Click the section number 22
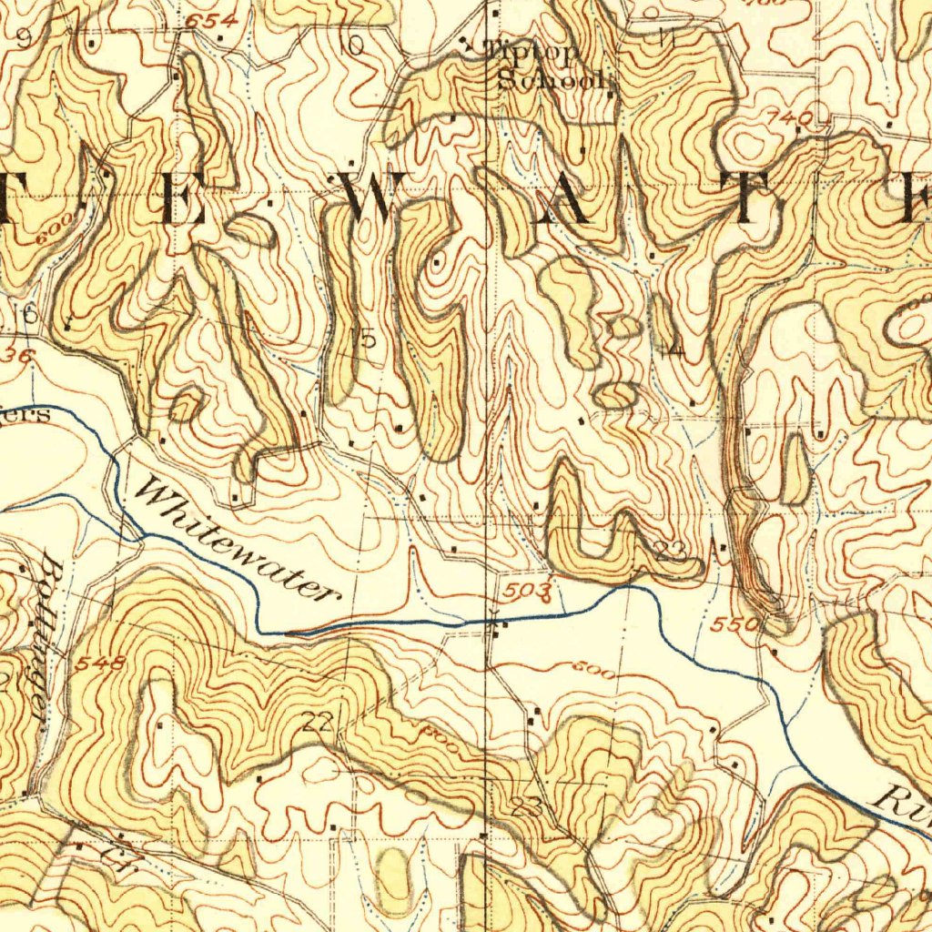pos(318,723)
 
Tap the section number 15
pos(362,339)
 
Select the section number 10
pos(352,44)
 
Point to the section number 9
pos(23,37)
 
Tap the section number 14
pos(674,349)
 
